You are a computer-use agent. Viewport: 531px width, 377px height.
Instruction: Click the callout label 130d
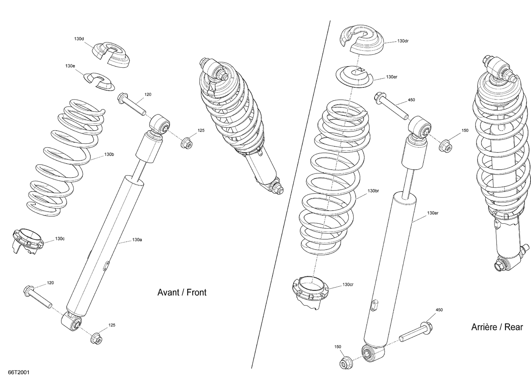(x=79, y=39)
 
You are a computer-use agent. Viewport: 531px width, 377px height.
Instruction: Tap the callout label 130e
(x=70, y=66)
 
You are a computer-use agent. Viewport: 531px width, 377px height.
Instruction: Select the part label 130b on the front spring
(x=109, y=155)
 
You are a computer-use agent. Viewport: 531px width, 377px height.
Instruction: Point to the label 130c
(x=60, y=239)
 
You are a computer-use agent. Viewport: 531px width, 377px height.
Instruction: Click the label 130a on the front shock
(x=137, y=240)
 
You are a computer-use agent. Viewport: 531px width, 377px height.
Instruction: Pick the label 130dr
(x=403, y=41)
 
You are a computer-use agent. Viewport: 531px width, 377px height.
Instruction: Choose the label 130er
(x=392, y=77)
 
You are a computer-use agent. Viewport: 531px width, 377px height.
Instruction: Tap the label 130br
(x=373, y=191)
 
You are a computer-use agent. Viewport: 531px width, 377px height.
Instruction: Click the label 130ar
(x=433, y=213)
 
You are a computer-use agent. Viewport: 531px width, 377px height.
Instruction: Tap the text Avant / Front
(x=182, y=292)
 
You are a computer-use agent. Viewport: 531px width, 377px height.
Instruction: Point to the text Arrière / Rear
(x=497, y=327)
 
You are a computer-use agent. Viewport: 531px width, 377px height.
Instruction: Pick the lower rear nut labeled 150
(x=345, y=363)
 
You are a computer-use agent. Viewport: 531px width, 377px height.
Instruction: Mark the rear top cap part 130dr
(x=361, y=40)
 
